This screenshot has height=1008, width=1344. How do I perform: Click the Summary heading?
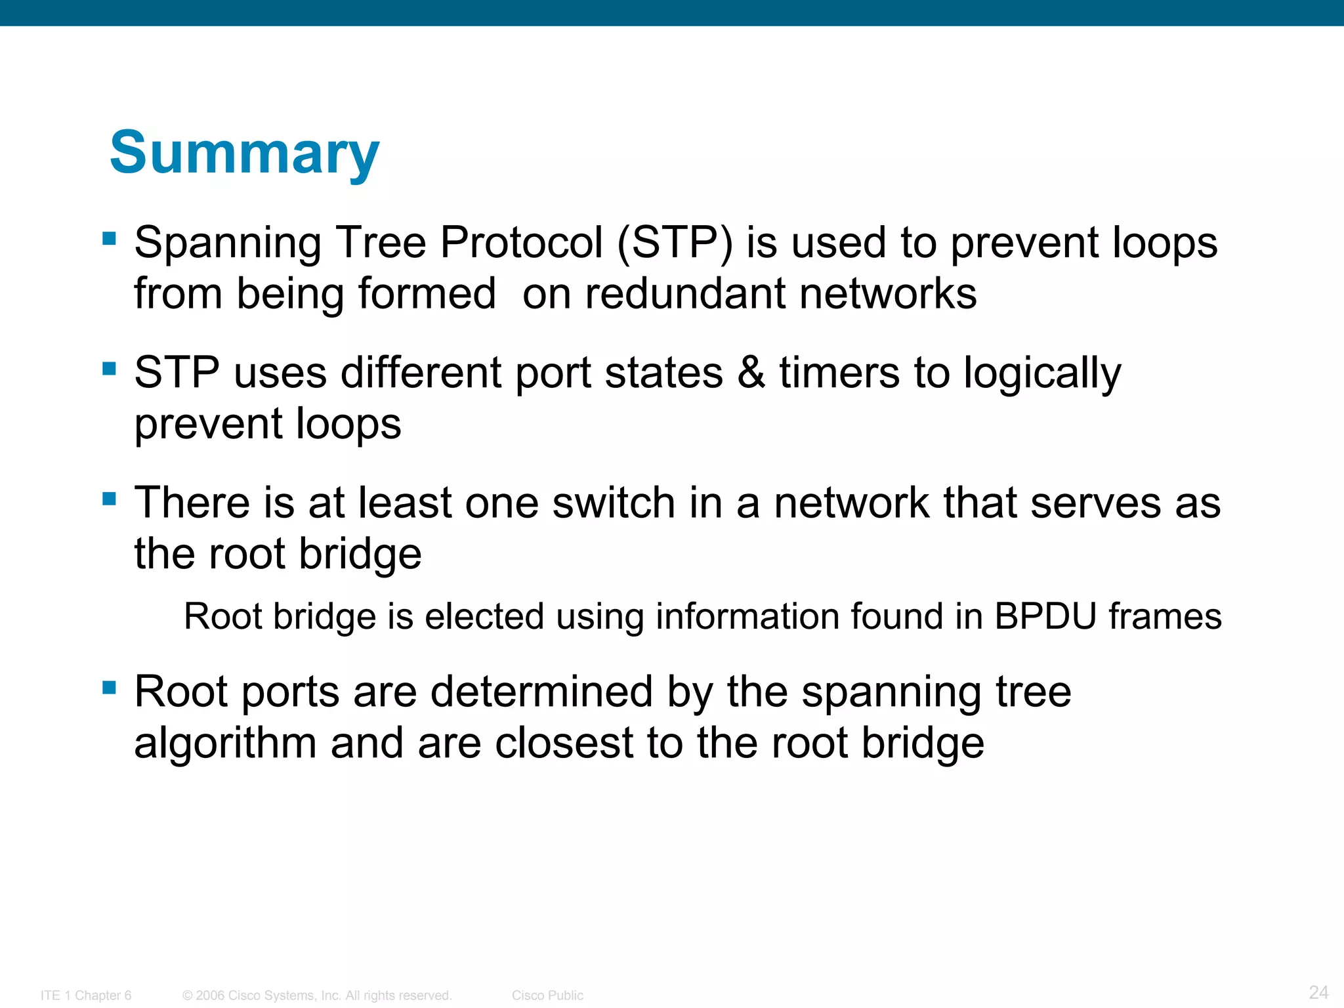point(244,152)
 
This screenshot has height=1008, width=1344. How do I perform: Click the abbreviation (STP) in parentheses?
point(675,243)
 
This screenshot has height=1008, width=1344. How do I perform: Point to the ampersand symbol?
point(751,373)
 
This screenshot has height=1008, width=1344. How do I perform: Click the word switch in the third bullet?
point(614,503)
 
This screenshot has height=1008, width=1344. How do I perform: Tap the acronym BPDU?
point(1045,617)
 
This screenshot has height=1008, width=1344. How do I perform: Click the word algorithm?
point(225,744)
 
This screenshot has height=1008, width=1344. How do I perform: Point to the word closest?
point(564,744)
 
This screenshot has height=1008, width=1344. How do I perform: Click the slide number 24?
point(1318,992)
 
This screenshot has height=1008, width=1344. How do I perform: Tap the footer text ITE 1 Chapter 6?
point(86,996)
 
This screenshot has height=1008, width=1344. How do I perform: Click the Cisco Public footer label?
point(547,996)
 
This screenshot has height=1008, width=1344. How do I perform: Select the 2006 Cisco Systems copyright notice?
point(317,996)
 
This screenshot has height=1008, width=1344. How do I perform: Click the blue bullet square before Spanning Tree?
point(110,238)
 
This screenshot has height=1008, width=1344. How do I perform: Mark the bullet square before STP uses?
point(110,368)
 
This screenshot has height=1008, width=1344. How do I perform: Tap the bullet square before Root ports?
point(110,688)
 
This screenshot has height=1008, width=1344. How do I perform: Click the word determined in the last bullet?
point(541,692)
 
